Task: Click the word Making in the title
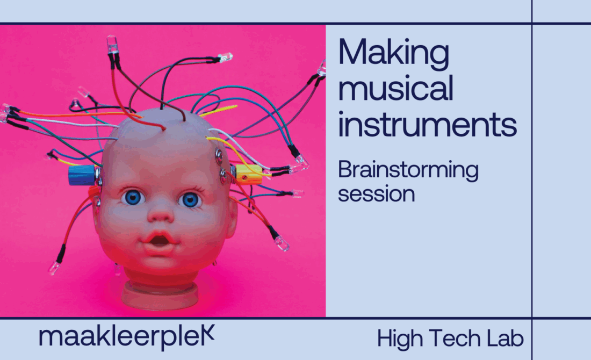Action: point(393,54)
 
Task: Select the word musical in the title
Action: point(395,88)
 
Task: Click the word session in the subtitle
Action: point(376,195)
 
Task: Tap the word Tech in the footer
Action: point(455,338)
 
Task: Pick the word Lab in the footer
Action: point(505,338)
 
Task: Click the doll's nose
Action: point(161,214)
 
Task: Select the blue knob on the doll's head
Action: point(82,175)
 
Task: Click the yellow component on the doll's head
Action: point(248,175)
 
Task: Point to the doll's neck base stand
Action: point(160,294)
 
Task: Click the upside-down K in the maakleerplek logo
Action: point(208,333)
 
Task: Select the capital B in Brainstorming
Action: point(345,169)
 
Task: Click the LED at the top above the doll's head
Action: point(112,44)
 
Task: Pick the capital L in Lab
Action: point(492,338)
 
